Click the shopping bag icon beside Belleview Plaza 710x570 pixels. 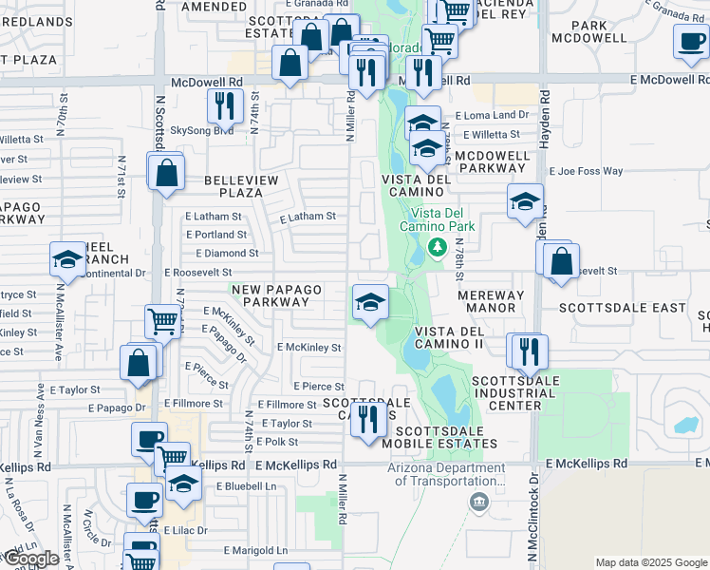[166, 172]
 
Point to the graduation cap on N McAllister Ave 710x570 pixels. [68, 259]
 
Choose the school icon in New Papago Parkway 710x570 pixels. [370, 302]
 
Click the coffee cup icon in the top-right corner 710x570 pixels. [691, 40]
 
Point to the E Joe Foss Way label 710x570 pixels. [585, 172]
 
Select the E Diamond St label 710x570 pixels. [227, 254]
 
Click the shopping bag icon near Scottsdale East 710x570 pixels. [562, 260]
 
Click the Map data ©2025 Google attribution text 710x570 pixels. [651, 562]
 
